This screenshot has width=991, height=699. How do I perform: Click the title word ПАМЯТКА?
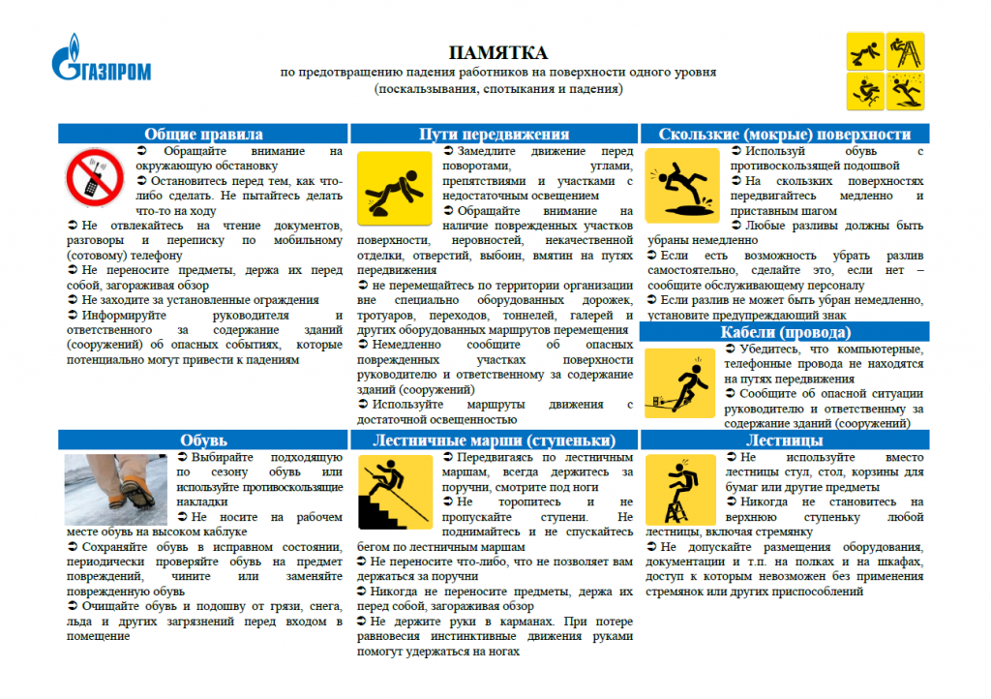click(497, 52)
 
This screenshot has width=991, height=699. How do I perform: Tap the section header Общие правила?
click(203, 135)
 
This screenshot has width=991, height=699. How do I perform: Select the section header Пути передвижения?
click(495, 135)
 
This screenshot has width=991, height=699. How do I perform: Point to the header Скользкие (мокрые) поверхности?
click(784, 135)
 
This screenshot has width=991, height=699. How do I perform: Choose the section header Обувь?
click(203, 441)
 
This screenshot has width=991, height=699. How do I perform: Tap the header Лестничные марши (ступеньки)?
click(495, 441)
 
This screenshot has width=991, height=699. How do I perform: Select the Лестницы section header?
click(784, 441)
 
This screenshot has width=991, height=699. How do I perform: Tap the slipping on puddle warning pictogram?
click(683, 185)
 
